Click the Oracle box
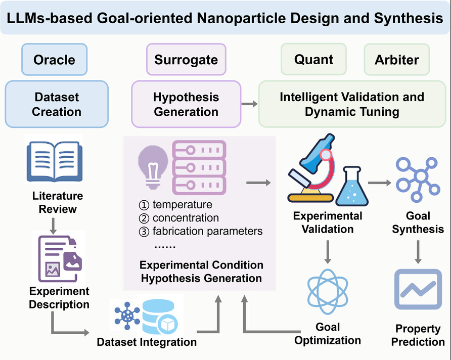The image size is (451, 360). pyautogui.click(x=54, y=60)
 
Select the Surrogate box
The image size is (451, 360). pyautogui.click(x=186, y=60)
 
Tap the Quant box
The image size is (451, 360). pyautogui.click(x=313, y=60)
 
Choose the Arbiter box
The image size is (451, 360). pyautogui.click(x=396, y=60)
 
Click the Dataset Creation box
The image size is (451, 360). pyautogui.click(x=56, y=104)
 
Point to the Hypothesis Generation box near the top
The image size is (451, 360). pyautogui.click(x=186, y=104)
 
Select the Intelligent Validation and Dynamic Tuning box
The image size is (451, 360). pyautogui.click(x=351, y=104)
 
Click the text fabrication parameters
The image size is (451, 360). pyautogui.click(x=207, y=232)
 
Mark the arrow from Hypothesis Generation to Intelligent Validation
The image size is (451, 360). pyautogui.click(x=248, y=104)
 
